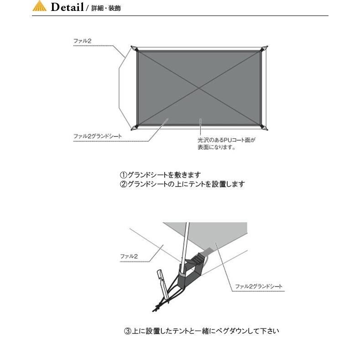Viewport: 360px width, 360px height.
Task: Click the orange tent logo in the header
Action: coord(40,6)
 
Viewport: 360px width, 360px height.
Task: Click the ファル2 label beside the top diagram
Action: coord(83,42)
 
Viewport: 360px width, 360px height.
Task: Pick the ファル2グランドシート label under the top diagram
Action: coord(98,136)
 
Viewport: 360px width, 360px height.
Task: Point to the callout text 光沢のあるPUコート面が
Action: coord(226,141)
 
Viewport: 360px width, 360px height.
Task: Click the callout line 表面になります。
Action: coord(216,147)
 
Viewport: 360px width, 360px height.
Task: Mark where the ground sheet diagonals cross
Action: coord(199,88)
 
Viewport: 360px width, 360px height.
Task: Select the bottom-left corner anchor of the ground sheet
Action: coord(133,127)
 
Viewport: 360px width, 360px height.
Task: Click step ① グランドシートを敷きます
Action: coord(160,175)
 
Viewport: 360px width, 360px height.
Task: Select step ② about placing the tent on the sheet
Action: coord(182,184)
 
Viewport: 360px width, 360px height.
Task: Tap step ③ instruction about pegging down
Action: coord(201,331)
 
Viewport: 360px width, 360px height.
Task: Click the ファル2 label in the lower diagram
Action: coord(129,256)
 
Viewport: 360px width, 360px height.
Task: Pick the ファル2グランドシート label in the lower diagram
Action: coord(259,287)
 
